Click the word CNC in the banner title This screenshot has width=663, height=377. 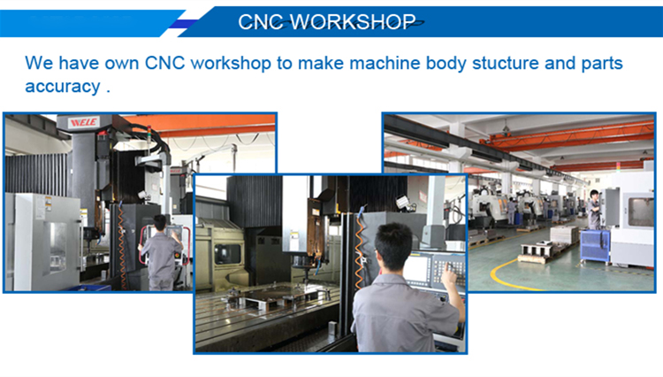pos(262,21)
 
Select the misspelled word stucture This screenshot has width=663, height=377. pos(506,63)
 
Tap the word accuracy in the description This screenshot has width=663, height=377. pos(63,87)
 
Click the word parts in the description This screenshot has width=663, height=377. pos(602,64)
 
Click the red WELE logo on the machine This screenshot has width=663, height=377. pos(84,122)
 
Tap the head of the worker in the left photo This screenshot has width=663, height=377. pos(160,222)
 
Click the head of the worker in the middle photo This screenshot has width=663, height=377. pos(393,246)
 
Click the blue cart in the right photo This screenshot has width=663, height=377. pos(595,246)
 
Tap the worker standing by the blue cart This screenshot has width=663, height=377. pos(594,210)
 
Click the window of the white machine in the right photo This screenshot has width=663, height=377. pos(641,212)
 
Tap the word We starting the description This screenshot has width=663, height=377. pos(39,63)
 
